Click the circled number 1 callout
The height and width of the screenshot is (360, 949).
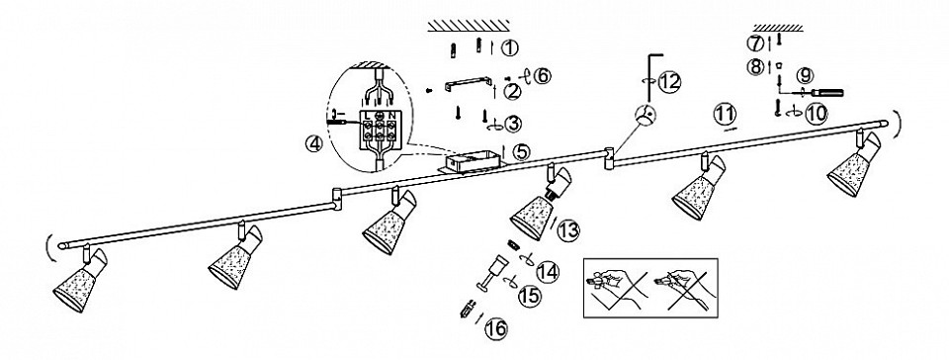coord(510,47)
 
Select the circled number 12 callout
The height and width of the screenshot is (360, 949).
coord(670,82)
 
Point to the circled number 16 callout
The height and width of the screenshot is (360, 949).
coord(495,328)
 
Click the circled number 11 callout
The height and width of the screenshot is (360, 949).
coord(725,114)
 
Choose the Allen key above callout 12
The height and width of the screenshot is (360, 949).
coord(652,75)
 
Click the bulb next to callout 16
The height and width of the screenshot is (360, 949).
coord(466,312)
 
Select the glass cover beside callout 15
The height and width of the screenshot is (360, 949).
coord(493,272)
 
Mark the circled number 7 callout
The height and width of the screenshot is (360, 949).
coord(756,44)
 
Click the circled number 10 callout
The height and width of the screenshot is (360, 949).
coord(816,113)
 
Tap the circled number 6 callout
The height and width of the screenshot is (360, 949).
coord(543,76)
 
